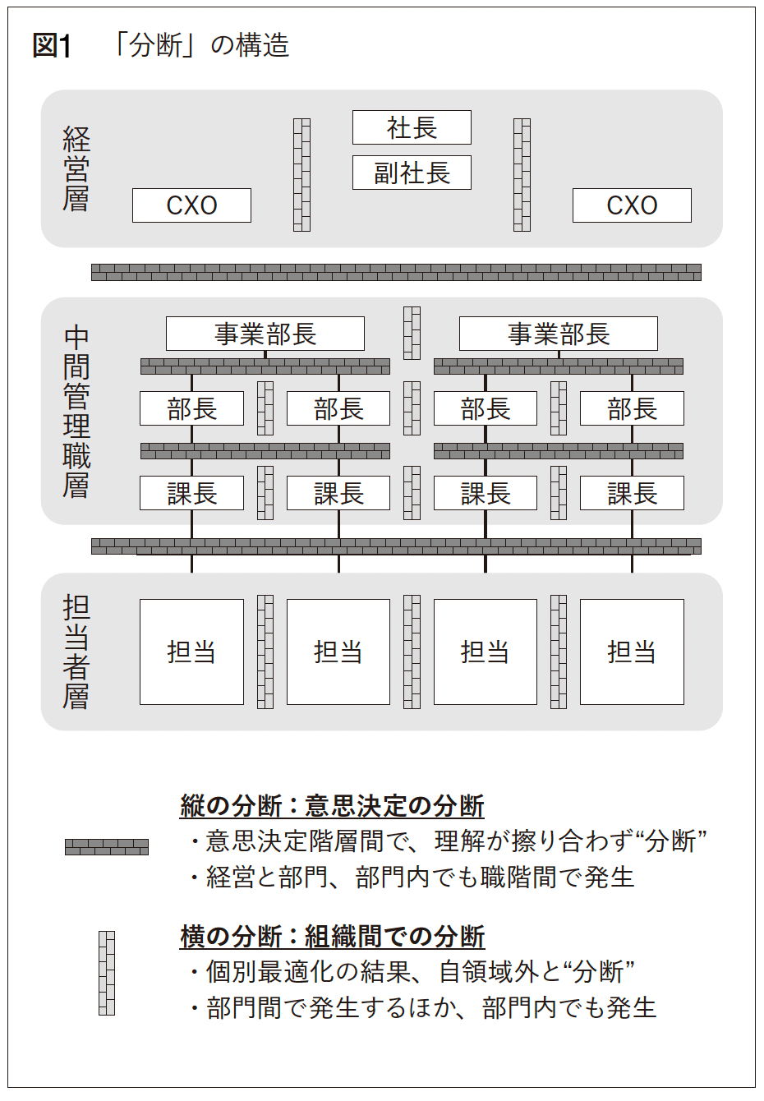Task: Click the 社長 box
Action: [x=412, y=127]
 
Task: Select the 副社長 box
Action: [x=412, y=173]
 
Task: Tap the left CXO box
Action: [x=191, y=205]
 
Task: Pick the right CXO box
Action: [x=632, y=205]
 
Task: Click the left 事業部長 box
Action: [x=265, y=334]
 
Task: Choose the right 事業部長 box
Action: [x=559, y=334]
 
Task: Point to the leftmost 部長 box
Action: [x=191, y=408]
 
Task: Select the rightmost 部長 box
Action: [x=632, y=408]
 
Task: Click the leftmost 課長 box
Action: [x=191, y=493]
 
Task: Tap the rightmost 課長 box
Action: [x=632, y=493]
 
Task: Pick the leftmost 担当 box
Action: [x=191, y=652]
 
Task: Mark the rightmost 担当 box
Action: [x=632, y=652]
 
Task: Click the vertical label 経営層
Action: [x=76, y=168]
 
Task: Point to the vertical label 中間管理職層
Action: [x=76, y=412]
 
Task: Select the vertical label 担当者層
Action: [x=76, y=652]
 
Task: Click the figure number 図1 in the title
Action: [x=52, y=46]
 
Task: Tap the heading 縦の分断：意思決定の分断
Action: [x=332, y=805]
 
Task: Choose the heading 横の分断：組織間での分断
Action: [x=332, y=936]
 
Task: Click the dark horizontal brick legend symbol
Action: [x=107, y=847]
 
